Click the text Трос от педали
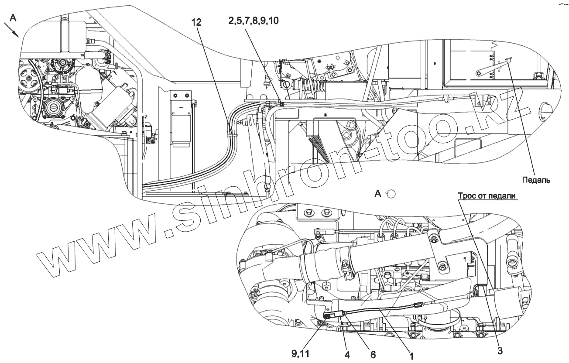pos(487,196)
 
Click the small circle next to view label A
pos(392,194)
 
